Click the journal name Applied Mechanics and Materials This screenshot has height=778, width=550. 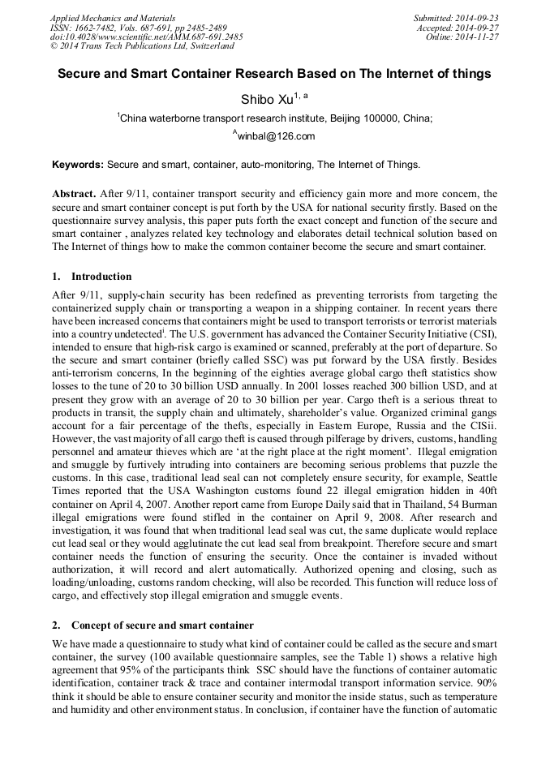tap(113, 18)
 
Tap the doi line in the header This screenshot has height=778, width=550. tap(146, 37)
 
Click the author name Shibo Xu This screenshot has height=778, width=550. tap(267, 100)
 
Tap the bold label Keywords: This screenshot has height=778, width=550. tap(78, 165)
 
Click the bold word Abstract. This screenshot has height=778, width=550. tap(74, 194)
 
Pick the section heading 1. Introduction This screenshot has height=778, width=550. tap(91, 277)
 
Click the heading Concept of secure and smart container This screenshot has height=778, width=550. tap(162, 625)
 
